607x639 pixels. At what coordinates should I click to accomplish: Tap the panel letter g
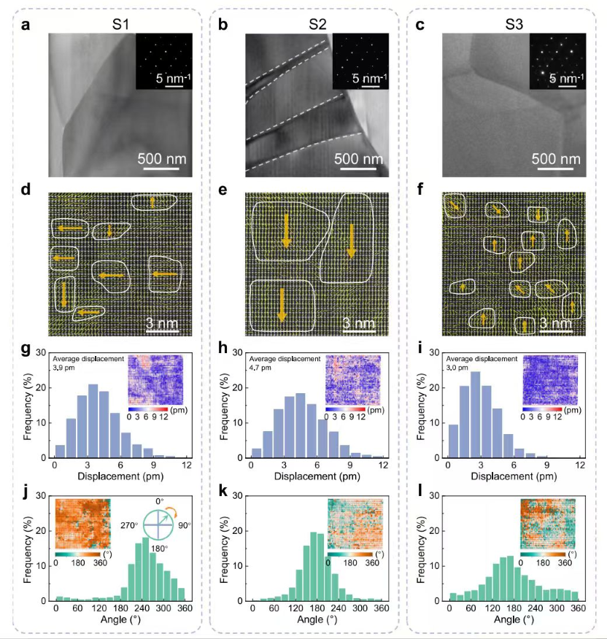coord(26,349)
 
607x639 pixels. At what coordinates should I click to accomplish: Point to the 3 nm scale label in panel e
coord(358,322)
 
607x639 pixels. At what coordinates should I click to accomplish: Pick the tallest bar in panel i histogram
coord(476,414)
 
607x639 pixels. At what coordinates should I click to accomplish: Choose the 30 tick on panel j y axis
coord(43,496)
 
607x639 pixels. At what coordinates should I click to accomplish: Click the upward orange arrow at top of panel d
coord(152,202)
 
